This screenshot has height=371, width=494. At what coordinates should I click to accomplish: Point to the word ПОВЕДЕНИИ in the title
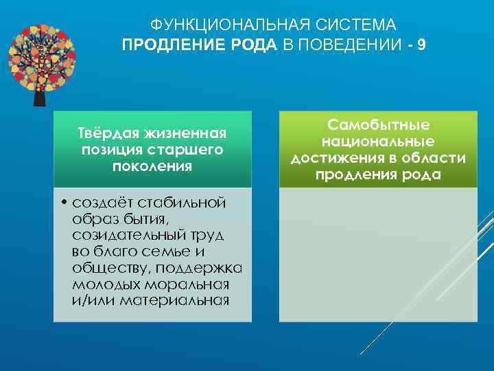(349, 45)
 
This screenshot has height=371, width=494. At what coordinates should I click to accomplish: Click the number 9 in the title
(421, 45)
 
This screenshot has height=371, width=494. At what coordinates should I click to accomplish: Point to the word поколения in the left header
(153, 166)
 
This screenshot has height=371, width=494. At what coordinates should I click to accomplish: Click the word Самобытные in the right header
(378, 125)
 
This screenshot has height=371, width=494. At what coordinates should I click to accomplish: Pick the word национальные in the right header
(378, 142)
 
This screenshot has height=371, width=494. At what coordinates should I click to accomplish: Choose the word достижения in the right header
(334, 159)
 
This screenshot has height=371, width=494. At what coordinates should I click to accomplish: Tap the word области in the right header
(437, 159)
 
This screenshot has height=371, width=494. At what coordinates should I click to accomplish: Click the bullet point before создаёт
(62, 203)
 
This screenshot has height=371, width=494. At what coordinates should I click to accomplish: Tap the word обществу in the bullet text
(106, 268)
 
